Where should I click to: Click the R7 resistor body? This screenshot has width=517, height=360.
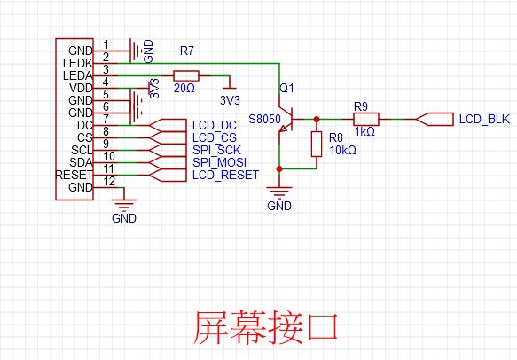[x=186, y=76]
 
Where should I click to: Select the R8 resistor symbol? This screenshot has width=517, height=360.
[x=317, y=144]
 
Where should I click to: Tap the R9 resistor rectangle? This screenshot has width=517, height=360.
[x=366, y=119]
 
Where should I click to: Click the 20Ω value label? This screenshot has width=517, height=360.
[x=184, y=89]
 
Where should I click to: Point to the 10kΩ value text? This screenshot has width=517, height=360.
[x=343, y=151]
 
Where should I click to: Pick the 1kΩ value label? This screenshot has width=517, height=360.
[x=364, y=132]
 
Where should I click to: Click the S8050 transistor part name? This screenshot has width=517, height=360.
[x=264, y=119]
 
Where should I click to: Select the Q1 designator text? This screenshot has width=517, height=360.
[x=286, y=88]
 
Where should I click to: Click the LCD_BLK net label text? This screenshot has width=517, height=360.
[x=484, y=119]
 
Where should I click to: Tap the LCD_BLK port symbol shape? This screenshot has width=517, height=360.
[x=435, y=120]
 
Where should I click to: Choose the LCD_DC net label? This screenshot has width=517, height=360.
[x=215, y=126]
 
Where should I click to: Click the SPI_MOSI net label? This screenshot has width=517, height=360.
[x=219, y=162]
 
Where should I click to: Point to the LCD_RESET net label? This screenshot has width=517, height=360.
[x=225, y=175]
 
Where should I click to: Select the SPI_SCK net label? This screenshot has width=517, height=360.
[x=216, y=151]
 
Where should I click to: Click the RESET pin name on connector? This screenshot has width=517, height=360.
[x=74, y=175]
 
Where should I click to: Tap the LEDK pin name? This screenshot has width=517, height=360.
[x=78, y=63]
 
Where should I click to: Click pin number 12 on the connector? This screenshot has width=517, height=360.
[x=109, y=181]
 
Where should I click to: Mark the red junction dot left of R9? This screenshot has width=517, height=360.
[x=317, y=119]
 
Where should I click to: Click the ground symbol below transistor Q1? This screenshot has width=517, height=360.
[x=279, y=192]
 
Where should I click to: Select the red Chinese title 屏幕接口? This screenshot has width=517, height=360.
[x=266, y=327]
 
